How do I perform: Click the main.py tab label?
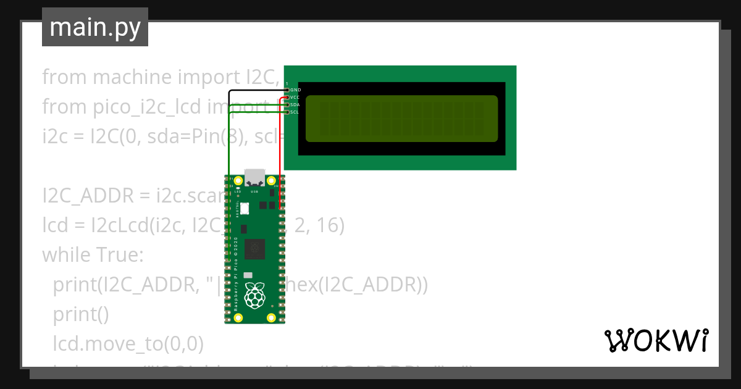94,27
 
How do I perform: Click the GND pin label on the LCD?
295,90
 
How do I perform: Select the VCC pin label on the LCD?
295,98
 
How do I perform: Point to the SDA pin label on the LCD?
295,105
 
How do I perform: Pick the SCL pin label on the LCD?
295,112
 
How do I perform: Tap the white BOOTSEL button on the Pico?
245,209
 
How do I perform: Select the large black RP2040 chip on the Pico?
254,249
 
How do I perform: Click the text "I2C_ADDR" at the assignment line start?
87,196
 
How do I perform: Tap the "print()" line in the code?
80,314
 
